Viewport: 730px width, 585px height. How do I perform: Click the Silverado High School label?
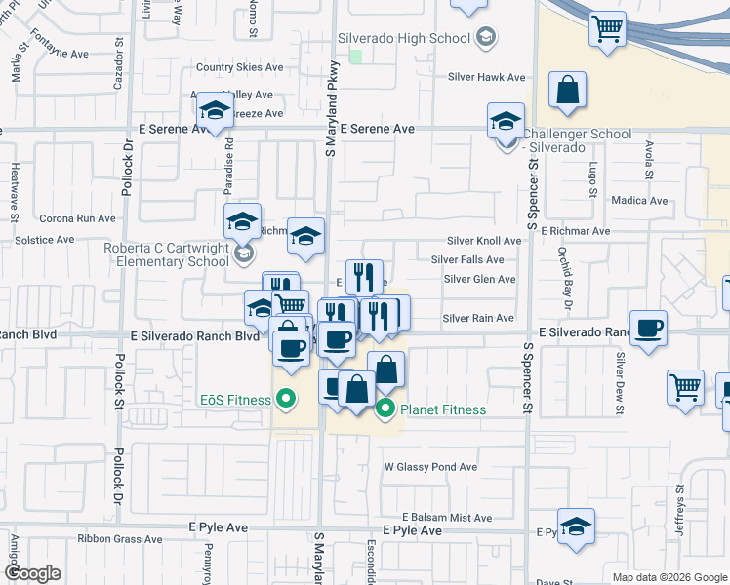point(403,38)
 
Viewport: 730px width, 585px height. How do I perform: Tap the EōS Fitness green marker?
point(286,398)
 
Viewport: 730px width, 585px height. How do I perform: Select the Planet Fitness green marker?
point(385,409)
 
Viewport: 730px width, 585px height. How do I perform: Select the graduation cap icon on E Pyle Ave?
point(576,526)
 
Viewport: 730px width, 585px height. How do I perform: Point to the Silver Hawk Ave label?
point(486,77)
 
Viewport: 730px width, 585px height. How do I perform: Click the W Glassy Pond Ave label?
point(430,467)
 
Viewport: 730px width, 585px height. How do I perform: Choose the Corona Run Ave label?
point(77,219)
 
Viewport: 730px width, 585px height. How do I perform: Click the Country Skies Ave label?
point(239,68)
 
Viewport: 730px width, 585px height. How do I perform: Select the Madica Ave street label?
point(639,201)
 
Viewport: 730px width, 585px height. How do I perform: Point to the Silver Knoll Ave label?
point(484,241)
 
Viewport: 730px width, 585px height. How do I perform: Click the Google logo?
point(33,573)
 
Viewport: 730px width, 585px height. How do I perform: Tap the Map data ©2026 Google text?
point(669,577)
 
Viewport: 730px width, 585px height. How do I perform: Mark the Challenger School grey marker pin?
point(507,143)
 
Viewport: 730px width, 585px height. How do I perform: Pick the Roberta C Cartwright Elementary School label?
point(167,254)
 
